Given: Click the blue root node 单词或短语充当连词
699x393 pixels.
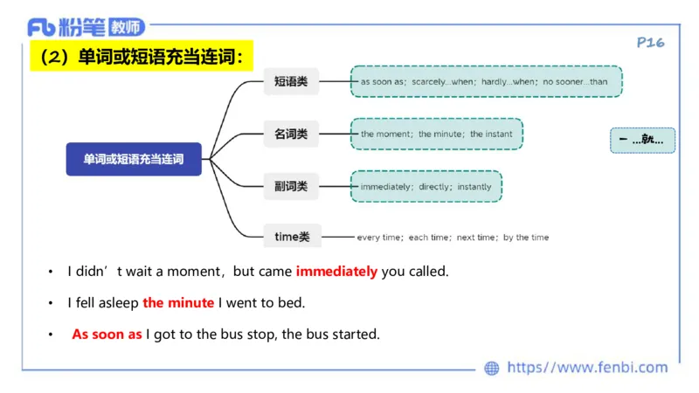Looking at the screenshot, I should tap(134, 159).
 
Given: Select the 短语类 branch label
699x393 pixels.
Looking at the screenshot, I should tap(291, 81).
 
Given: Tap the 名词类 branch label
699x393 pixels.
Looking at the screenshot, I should tap(291, 134).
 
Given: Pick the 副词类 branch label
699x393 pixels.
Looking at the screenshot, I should tap(291, 186).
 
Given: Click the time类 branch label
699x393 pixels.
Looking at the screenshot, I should tap(292, 236).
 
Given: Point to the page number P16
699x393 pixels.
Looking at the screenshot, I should tap(651, 42).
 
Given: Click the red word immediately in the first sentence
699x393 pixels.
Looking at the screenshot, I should tap(336, 272).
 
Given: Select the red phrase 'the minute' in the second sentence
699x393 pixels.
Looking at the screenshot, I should tap(178, 303).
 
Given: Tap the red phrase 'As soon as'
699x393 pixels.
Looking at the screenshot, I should tap(107, 334).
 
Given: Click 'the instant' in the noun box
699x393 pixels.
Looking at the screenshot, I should tap(492, 134).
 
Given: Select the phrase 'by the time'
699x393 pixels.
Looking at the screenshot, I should tap(526, 238).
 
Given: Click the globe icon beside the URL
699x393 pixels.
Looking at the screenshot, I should tap(492, 369).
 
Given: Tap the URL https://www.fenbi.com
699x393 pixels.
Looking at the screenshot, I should tap(587, 368).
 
